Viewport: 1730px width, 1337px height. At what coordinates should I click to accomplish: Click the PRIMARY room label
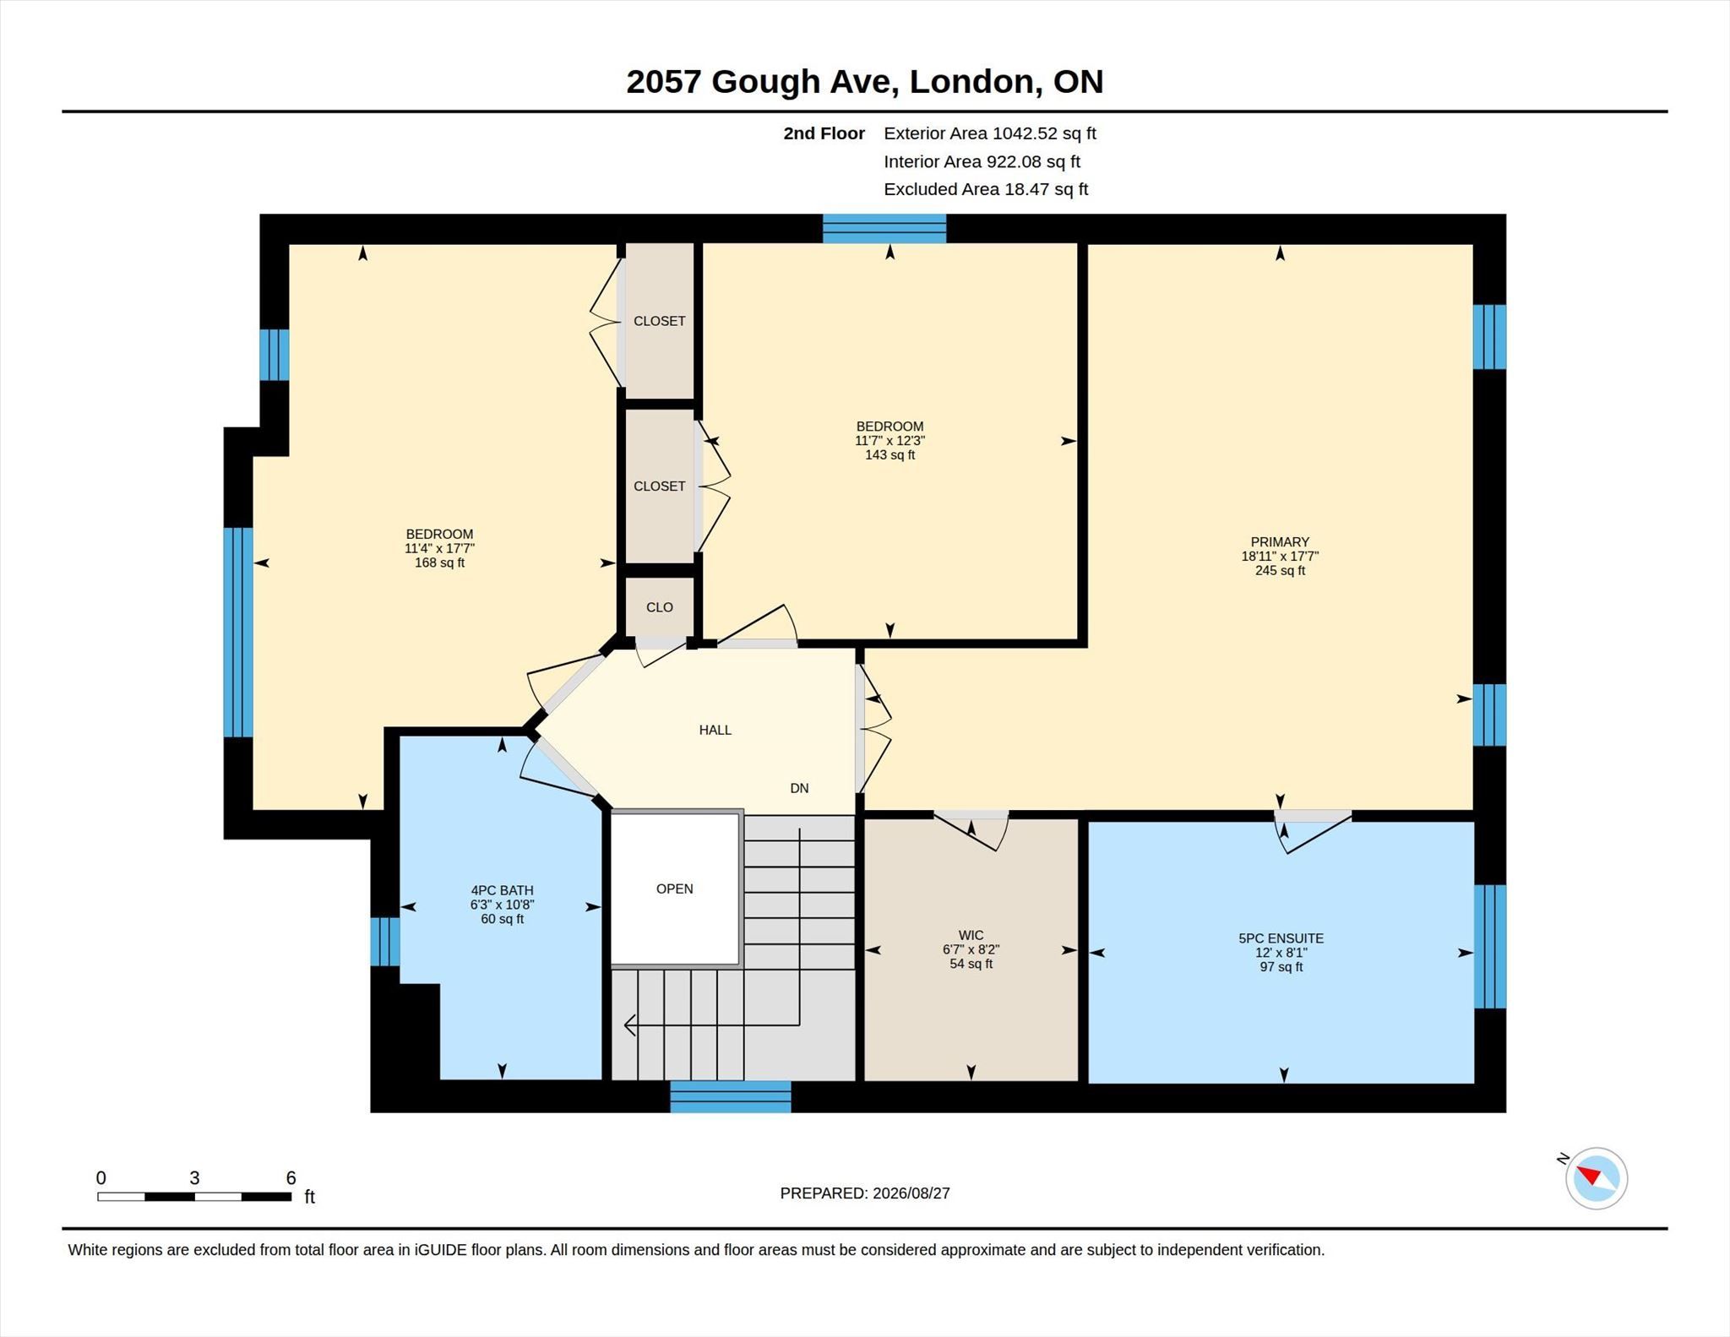[1280, 542]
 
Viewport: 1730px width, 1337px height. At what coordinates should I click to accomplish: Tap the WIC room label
[971, 935]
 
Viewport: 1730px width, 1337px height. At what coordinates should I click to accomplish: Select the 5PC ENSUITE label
[1281, 938]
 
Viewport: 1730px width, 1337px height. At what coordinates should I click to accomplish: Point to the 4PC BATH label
[502, 890]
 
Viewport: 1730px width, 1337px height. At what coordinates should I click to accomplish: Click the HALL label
[715, 730]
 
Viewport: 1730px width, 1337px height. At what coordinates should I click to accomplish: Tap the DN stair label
[799, 788]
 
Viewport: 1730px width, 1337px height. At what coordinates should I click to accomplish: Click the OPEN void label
[674, 889]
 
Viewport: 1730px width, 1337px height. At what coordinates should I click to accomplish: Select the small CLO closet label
[660, 607]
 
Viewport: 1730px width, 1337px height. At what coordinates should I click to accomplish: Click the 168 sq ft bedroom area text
[439, 563]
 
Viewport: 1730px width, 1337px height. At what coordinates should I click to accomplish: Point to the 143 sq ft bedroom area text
[889, 455]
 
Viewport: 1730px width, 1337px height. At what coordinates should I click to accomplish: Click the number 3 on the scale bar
[194, 1178]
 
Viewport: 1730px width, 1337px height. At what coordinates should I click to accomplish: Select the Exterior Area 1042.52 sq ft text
[990, 133]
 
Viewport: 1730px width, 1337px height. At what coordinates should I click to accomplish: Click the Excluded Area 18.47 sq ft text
[986, 189]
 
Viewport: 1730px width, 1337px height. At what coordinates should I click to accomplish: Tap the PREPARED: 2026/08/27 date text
[865, 1193]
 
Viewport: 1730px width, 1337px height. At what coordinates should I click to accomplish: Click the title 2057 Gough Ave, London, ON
[865, 82]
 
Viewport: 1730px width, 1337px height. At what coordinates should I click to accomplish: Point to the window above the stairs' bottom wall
[731, 1096]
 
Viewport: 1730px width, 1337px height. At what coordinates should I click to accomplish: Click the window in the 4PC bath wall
[385, 941]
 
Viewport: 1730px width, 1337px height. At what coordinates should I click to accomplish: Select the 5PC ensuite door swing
[1312, 833]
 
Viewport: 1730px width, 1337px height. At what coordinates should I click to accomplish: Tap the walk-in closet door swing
[971, 831]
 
